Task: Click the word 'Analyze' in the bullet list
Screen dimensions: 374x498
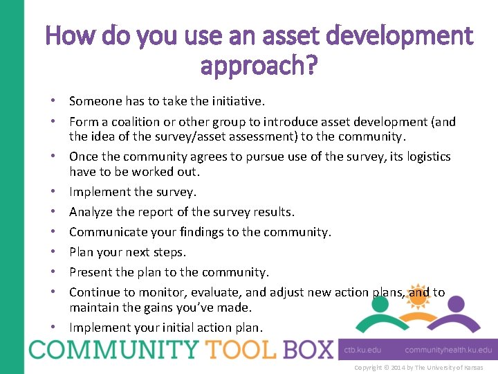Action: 92,212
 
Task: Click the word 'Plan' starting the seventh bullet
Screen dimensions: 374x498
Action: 81,252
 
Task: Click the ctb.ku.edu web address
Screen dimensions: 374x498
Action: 364,350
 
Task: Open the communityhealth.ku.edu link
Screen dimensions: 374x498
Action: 448,350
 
